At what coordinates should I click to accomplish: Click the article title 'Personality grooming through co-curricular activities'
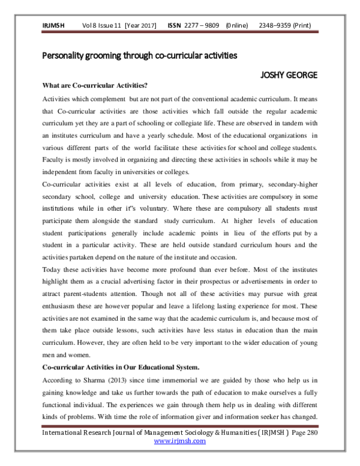[140, 55]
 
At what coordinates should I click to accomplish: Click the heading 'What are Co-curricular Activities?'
[94, 85]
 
